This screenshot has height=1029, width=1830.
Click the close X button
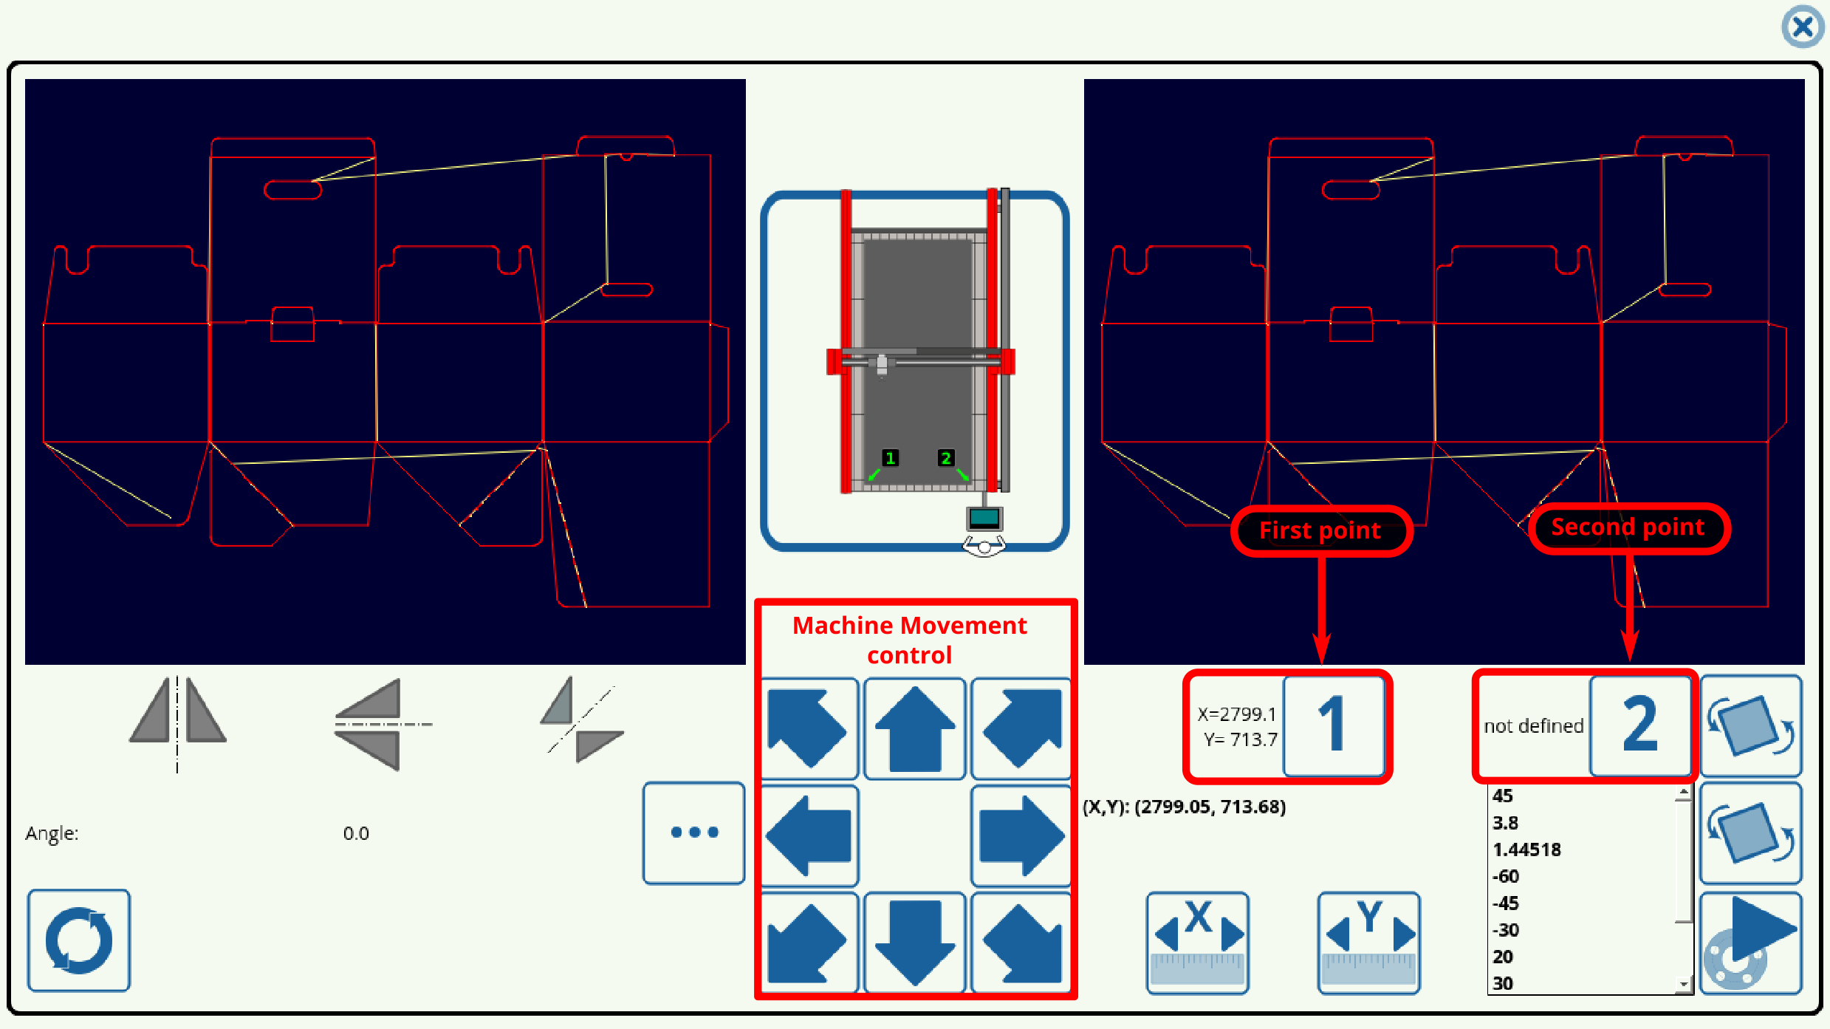[x=1802, y=27]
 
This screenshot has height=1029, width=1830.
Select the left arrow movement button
[x=809, y=835]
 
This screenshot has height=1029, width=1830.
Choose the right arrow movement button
[x=1021, y=835]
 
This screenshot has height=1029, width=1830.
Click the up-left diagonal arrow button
[x=809, y=728]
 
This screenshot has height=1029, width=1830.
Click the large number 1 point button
[x=1334, y=725]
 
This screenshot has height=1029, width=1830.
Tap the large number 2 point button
[x=1640, y=725]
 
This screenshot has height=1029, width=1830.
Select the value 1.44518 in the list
[x=1526, y=849]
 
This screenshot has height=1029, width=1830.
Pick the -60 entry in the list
[x=1506, y=877]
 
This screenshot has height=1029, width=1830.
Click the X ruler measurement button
[x=1197, y=942]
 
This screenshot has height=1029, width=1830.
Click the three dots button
[x=693, y=833]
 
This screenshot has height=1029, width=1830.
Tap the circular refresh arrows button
[x=79, y=940]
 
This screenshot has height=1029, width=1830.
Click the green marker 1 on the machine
[x=890, y=458]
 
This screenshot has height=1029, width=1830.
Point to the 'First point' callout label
[x=1320, y=530]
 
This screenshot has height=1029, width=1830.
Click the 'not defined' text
[x=1533, y=726]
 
